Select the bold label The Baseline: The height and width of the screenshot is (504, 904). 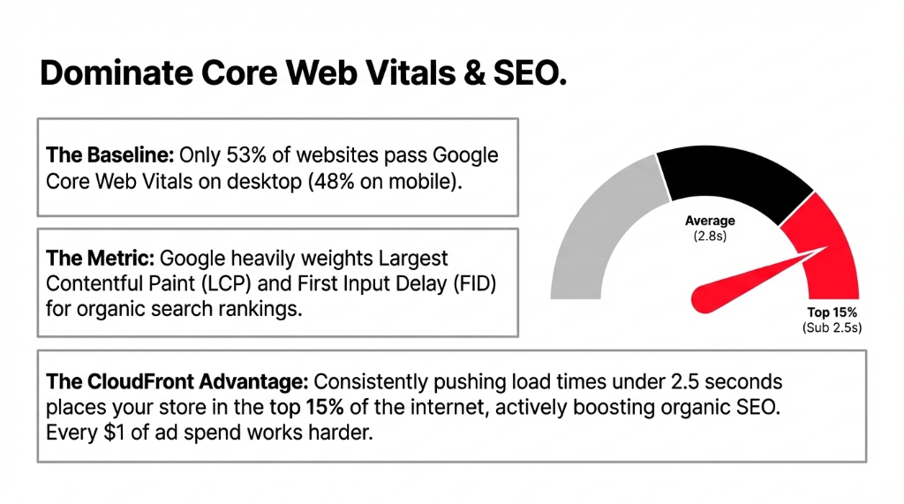(x=109, y=156)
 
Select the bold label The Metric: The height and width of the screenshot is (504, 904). (x=100, y=259)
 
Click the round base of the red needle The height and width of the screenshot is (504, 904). (x=707, y=298)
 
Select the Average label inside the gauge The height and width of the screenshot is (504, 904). (x=710, y=221)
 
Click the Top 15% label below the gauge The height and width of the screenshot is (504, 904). (x=832, y=312)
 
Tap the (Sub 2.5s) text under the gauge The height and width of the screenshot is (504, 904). (x=832, y=327)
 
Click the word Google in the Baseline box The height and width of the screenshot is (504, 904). (x=466, y=156)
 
